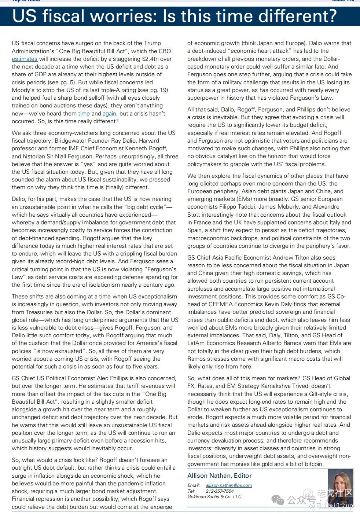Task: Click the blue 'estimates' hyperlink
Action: coord(25,59)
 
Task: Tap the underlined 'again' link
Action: coord(109,114)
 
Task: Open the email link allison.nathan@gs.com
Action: coord(229,485)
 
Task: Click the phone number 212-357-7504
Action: coord(220,491)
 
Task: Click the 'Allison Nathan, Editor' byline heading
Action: coord(219,476)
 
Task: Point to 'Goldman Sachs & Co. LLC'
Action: coord(214,497)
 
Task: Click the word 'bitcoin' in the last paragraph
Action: coord(313,464)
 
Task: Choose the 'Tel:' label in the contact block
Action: coord(191,491)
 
